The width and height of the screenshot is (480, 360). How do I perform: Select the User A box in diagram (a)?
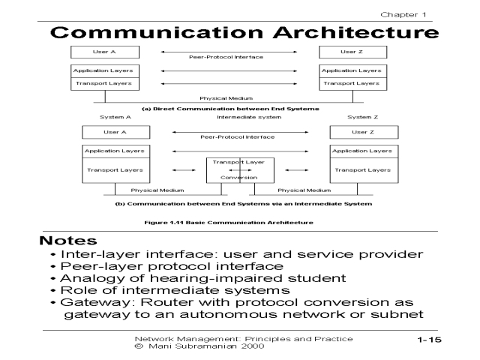(105, 52)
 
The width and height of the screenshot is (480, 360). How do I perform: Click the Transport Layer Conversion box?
(240, 169)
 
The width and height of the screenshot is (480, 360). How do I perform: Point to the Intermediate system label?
(249, 117)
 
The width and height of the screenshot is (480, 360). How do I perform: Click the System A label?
(115, 117)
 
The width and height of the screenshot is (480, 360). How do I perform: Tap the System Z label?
(363, 117)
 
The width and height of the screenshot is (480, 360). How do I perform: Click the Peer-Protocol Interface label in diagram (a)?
(229, 57)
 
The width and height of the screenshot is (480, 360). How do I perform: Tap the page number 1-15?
(430, 340)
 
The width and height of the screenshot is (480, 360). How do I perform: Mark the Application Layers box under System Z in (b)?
(362, 151)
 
